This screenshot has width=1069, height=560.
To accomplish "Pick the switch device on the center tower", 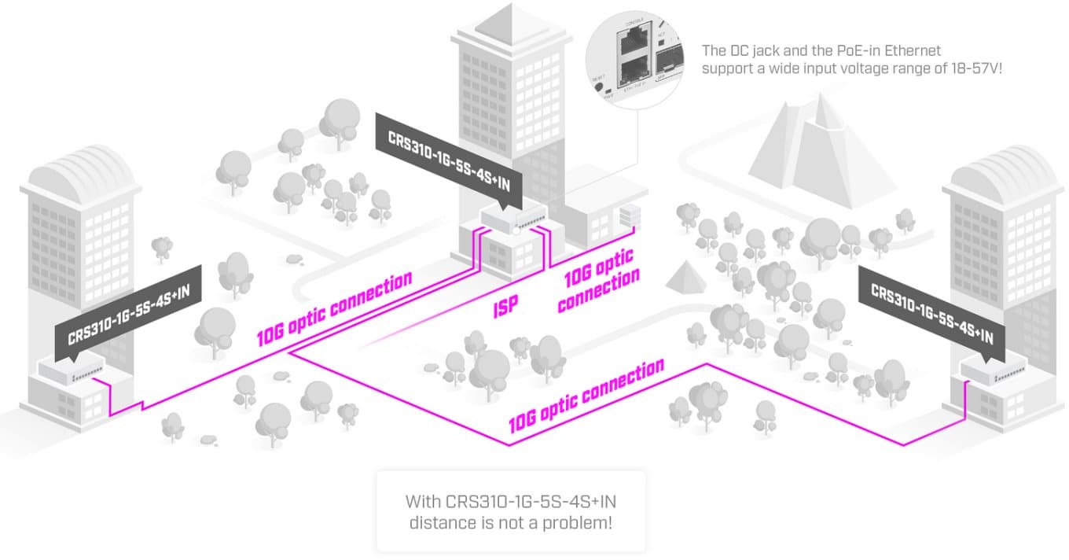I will pyautogui.click(x=513, y=216).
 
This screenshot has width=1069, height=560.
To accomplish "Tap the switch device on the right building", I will pyautogui.click(x=994, y=369).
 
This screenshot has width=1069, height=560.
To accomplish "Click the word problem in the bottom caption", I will pyautogui.click(x=578, y=521).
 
